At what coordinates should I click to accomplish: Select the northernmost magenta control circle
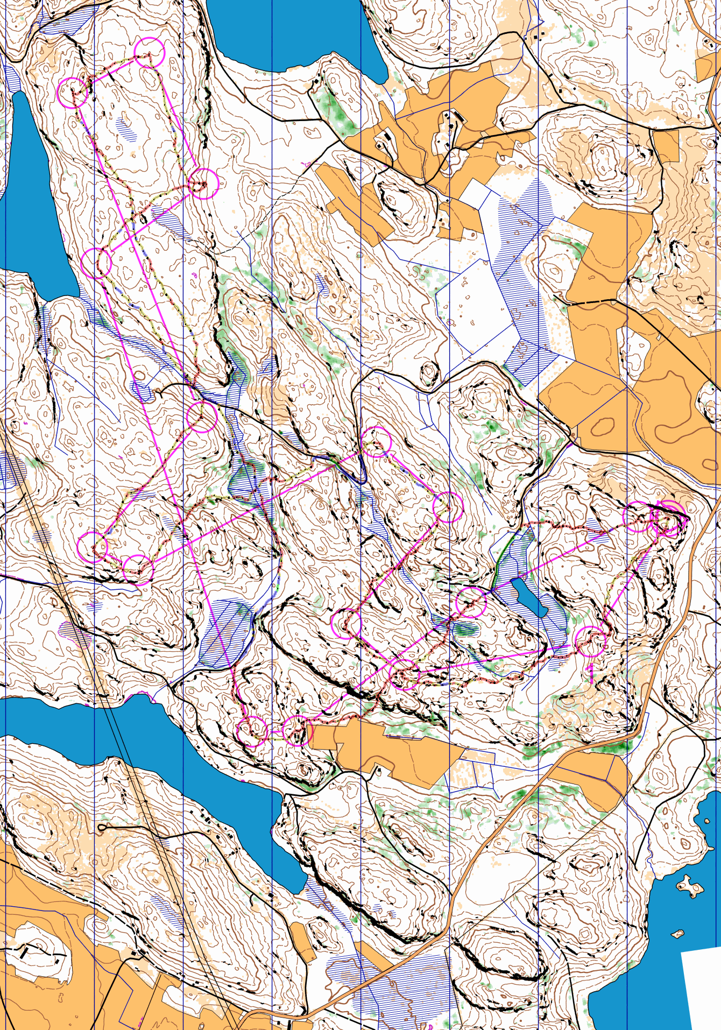(x=149, y=52)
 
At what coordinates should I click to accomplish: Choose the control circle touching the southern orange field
(x=297, y=730)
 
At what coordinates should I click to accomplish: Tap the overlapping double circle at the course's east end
(x=668, y=518)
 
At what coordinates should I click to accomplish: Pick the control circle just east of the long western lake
(x=96, y=263)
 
